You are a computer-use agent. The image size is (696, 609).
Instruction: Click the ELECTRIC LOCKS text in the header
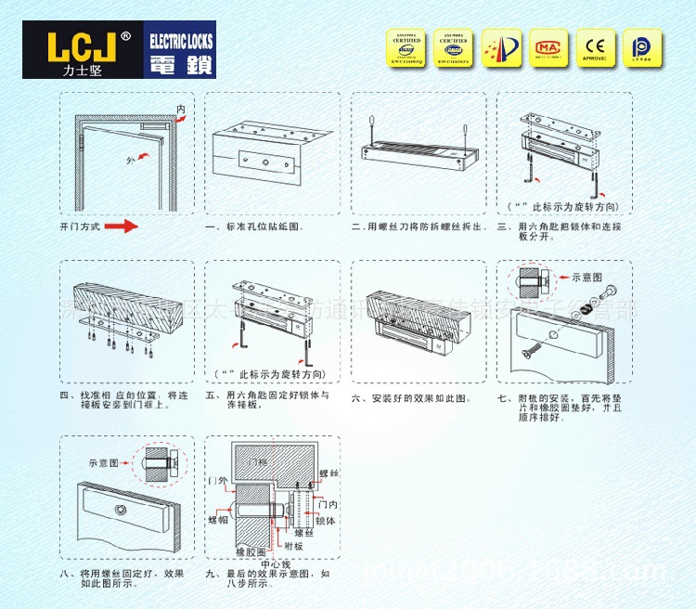[x=180, y=40]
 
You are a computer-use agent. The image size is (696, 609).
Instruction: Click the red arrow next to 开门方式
[x=121, y=227]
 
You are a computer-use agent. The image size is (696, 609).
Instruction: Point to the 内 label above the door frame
[x=181, y=110]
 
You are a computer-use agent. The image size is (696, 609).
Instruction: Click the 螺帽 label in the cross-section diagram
[x=217, y=521]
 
